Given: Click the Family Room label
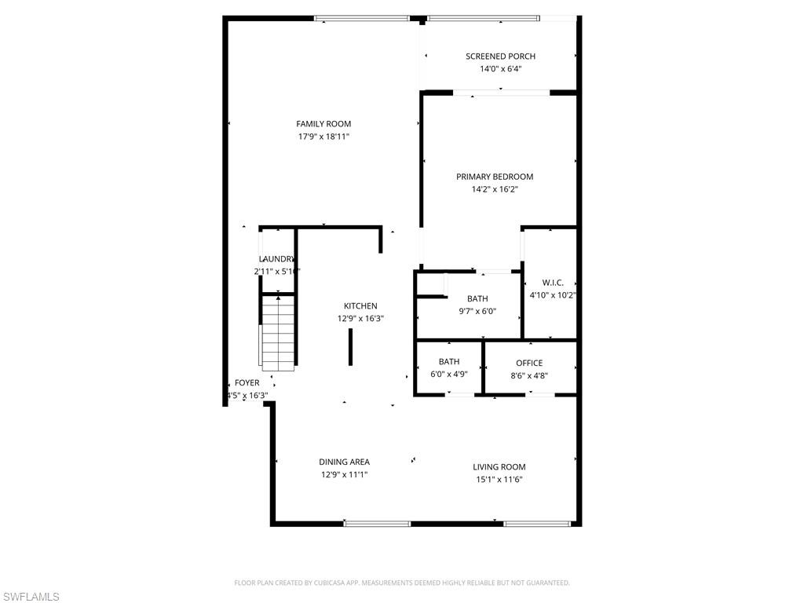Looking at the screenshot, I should [x=323, y=124].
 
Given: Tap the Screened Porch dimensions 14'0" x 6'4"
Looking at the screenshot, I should [x=500, y=69].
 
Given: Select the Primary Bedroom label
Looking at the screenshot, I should [x=495, y=177].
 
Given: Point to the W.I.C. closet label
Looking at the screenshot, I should [x=553, y=283].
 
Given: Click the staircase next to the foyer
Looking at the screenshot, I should [x=278, y=332].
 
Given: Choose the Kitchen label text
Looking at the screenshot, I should [x=360, y=306].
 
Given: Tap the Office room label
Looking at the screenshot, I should [x=529, y=363].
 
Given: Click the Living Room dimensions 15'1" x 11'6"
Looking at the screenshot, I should [x=499, y=480].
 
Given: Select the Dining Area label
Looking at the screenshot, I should [x=344, y=462].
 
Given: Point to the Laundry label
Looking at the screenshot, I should [x=276, y=259].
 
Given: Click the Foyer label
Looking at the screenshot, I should [x=247, y=383].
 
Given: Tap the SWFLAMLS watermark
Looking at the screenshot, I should [x=31, y=597].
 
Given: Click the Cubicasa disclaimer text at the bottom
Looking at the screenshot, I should [x=402, y=583].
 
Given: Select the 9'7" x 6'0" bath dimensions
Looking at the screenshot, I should [x=477, y=311].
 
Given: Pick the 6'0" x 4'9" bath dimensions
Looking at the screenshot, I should [x=449, y=375].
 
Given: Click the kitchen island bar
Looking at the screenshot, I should [x=351, y=347].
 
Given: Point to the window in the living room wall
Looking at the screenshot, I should [x=538, y=523].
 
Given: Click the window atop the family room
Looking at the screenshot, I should [x=362, y=18].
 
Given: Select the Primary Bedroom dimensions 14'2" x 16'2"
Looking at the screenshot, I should [x=495, y=189].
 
